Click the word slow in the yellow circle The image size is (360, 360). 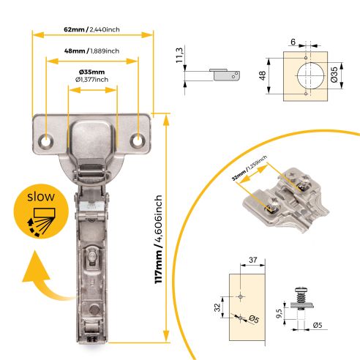tap(36, 197)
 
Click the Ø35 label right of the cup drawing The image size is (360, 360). tap(334, 76)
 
